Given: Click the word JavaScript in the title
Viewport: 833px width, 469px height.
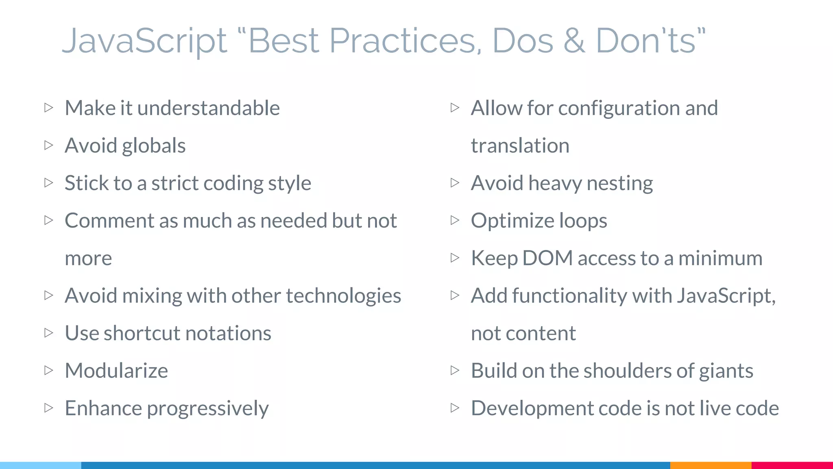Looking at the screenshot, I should point(144,41).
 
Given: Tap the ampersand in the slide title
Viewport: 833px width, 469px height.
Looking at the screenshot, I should point(574,41).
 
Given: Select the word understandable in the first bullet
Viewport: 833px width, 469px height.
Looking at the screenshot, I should point(209,108).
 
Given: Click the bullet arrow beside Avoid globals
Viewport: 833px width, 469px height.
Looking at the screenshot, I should point(48,145).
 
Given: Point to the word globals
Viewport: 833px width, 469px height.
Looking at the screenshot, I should point(154,146).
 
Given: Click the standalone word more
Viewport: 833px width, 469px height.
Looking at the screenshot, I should point(88,259).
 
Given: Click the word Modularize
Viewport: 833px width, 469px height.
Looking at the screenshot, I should point(116,371).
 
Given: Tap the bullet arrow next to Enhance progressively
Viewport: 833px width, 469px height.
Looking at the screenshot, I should point(48,408).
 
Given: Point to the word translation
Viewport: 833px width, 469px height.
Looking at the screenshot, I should point(520,146).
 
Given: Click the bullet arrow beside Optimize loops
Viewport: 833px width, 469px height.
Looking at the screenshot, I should point(455,220).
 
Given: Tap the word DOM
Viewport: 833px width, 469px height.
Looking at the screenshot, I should point(547,259).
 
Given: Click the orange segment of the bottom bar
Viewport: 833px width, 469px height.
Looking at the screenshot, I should point(711,465).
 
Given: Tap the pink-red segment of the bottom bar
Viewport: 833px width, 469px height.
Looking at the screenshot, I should point(792,465).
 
